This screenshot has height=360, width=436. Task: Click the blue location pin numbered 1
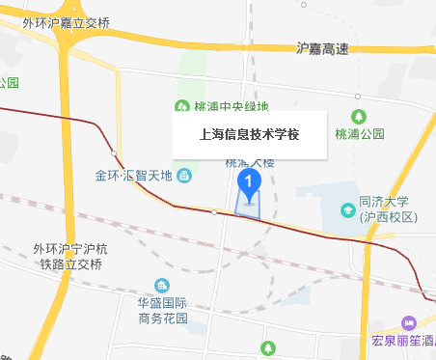(x=250, y=181)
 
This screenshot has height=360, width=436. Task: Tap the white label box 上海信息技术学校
(x=249, y=135)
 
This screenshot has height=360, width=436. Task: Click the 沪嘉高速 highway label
(x=321, y=47)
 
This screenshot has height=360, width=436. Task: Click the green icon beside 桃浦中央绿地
(x=179, y=106)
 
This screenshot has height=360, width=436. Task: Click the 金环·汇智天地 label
(x=132, y=176)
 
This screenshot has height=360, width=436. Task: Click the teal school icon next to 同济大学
(x=347, y=209)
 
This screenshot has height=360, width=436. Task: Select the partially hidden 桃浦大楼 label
(x=249, y=162)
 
